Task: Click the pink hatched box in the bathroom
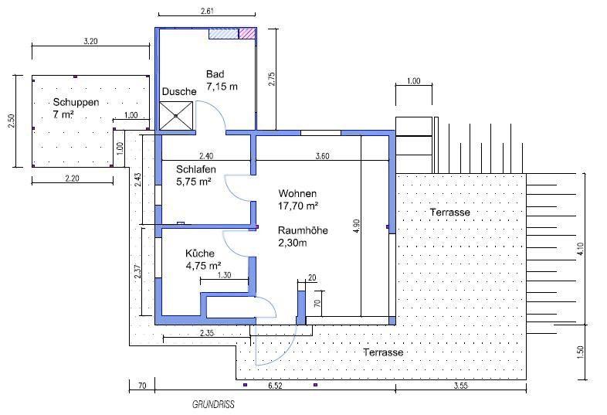pyautogui.click(x=247, y=33)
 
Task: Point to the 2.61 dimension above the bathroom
pyautogui.click(x=207, y=10)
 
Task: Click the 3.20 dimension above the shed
pyautogui.click(x=90, y=42)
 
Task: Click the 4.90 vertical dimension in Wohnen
pyautogui.click(x=356, y=226)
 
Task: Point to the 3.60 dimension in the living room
pyautogui.click(x=323, y=156)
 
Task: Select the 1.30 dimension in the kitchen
pyautogui.click(x=225, y=275)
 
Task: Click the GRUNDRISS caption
pyautogui.click(x=213, y=404)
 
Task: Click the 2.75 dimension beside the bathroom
pyautogui.click(x=272, y=79)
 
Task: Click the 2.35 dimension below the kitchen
pyautogui.click(x=206, y=334)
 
